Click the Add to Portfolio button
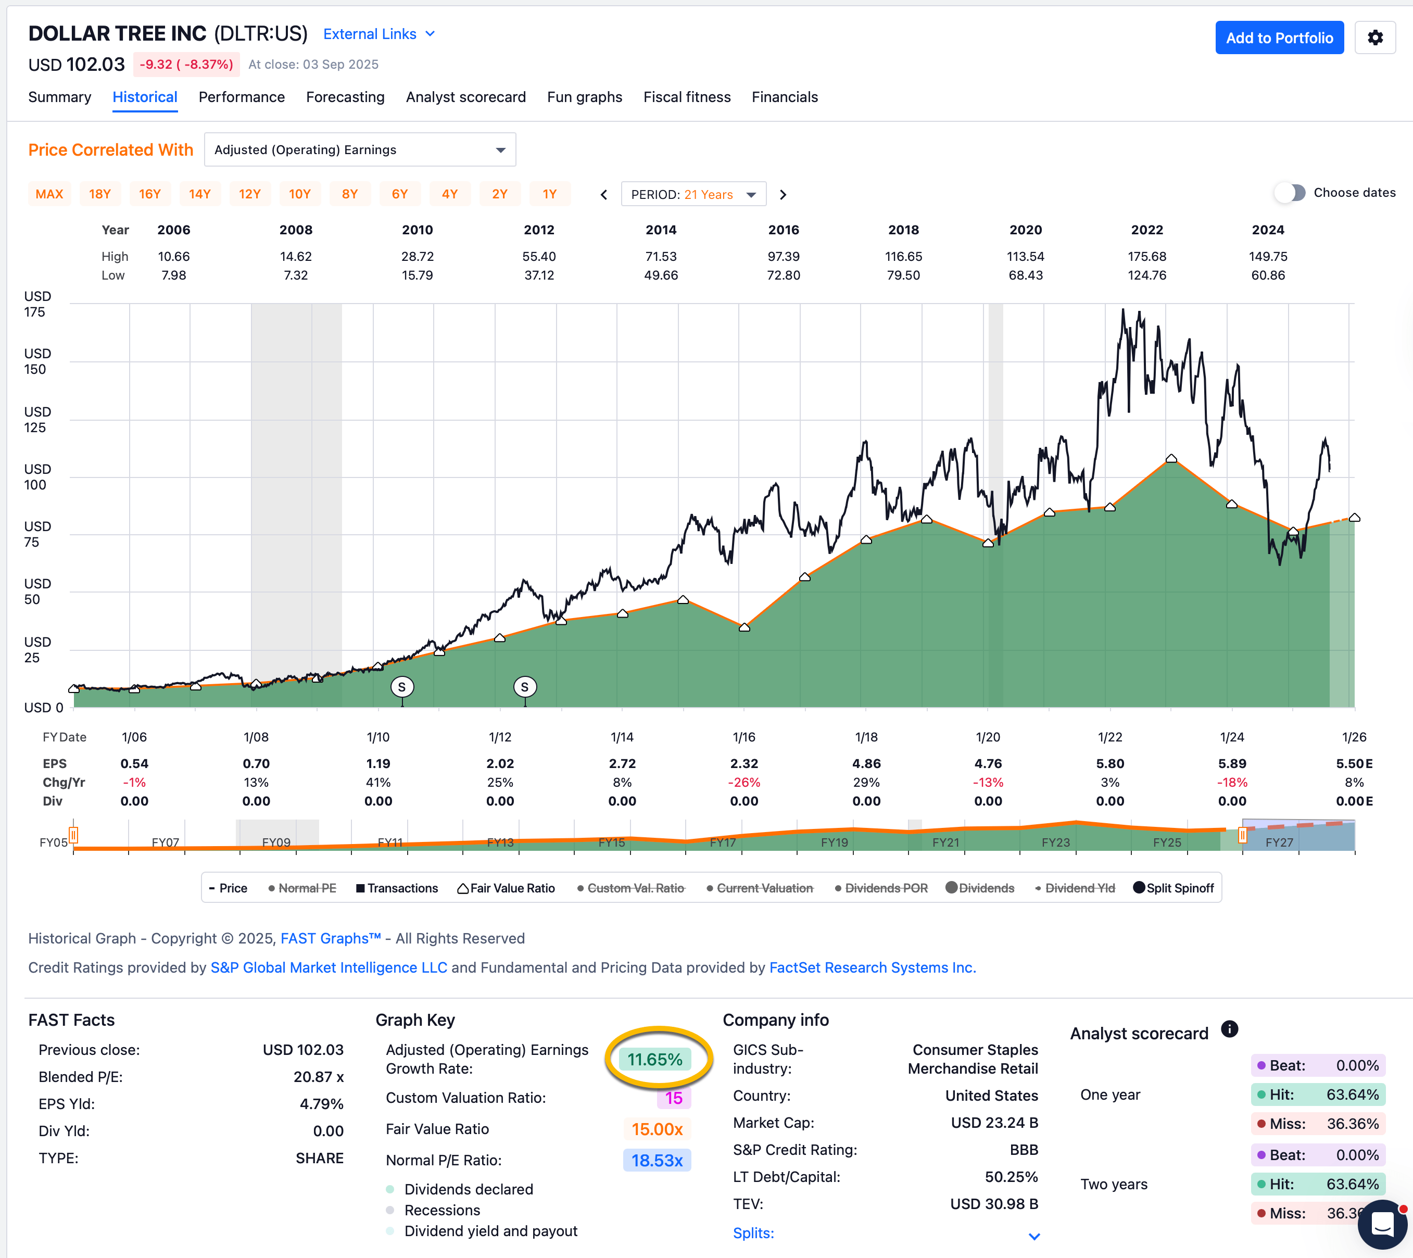(x=1279, y=38)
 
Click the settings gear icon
(x=1375, y=38)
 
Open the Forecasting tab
(x=345, y=97)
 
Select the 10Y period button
(x=299, y=194)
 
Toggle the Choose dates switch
(x=1290, y=193)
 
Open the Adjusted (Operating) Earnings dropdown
(x=359, y=150)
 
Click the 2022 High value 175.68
(x=1147, y=256)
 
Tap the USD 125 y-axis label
(x=36, y=420)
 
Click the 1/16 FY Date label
(x=744, y=737)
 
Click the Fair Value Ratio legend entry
(x=506, y=888)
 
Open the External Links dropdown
(x=379, y=34)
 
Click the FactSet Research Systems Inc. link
(x=873, y=967)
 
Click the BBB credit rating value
(x=1024, y=1150)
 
